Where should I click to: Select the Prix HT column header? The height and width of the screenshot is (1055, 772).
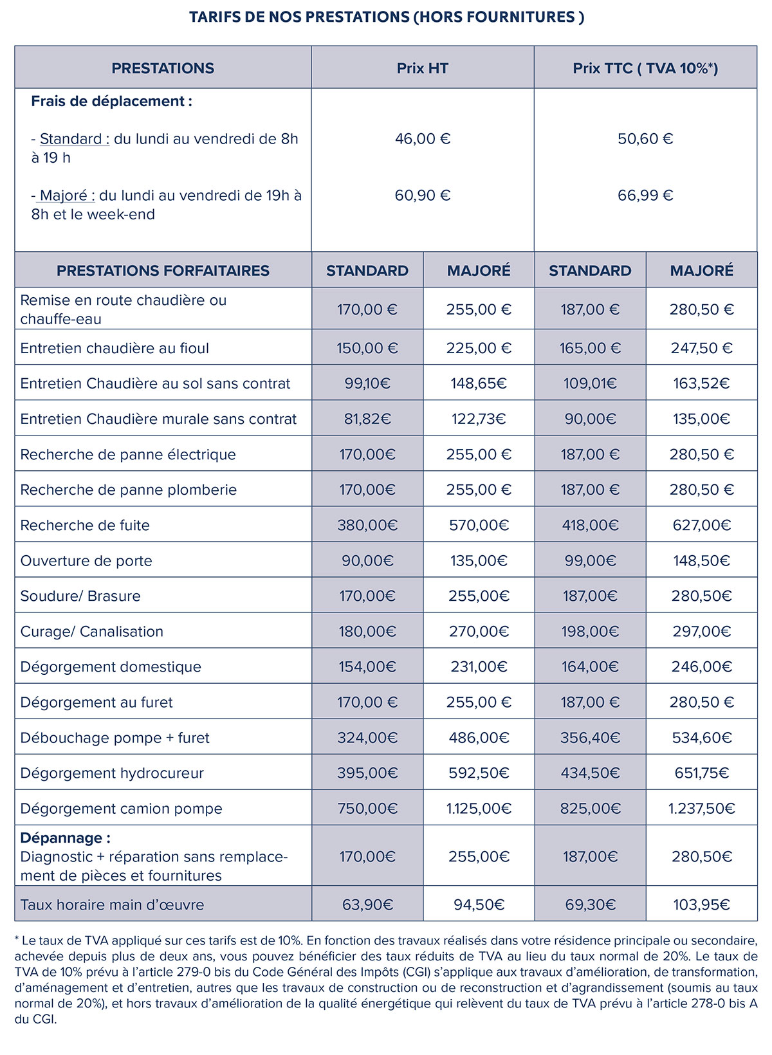[x=422, y=68]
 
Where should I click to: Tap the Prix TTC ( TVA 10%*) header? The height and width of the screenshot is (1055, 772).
[x=645, y=68]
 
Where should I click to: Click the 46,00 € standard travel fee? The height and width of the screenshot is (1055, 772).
[x=422, y=139]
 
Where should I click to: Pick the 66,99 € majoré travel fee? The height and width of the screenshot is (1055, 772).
[x=645, y=196]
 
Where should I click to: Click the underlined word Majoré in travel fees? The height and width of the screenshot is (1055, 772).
[x=67, y=196]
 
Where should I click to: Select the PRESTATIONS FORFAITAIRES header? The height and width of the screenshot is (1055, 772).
[x=163, y=271]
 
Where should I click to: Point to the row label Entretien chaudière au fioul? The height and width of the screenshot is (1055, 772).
[x=115, y=349]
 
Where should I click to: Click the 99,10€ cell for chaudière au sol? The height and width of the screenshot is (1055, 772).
[x=367, y=384]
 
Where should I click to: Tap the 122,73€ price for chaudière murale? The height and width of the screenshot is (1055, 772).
[x=479, y=419]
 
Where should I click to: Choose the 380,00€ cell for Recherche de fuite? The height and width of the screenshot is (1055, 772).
[x=367, y=526]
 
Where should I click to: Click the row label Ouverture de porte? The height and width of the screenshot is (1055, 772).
[x=86, y=561]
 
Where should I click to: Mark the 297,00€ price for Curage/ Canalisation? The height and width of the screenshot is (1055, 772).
[x=701, y=632]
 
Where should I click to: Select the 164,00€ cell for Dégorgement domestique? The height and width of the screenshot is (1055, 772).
[x=590, y=667]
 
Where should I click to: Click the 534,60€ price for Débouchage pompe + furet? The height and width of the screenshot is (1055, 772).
[x=701, y=738]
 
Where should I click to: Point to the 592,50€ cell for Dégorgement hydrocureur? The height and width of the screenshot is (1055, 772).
[x=479, y=773]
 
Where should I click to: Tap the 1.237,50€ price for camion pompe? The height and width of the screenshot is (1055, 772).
[x=701, y=809]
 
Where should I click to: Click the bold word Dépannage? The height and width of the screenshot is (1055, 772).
[x=65, y=838]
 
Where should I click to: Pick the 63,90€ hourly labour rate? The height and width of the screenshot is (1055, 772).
[x=367, y=905]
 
